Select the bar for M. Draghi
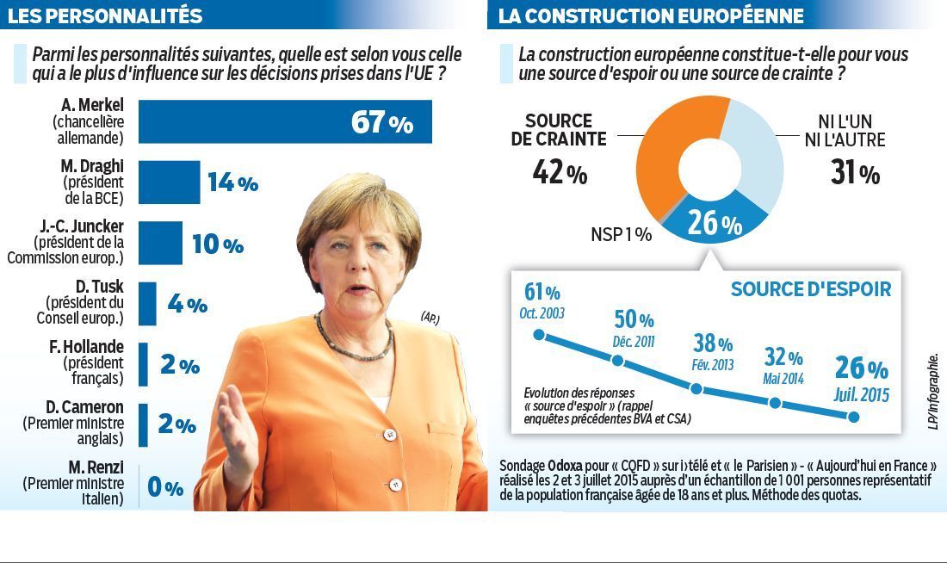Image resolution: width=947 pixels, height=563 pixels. click(x=169, y=182)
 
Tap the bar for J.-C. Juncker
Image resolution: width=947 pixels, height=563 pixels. click(x=160, y=243)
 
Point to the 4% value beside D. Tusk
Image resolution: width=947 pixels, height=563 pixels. click(x=185, y=304)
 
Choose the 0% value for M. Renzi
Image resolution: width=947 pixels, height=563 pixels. click(x=165, y=488)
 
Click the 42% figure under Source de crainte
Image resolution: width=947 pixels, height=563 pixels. click(x=560, y=174)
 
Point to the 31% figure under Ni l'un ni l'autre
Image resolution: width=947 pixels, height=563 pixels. click(x=855, y=174)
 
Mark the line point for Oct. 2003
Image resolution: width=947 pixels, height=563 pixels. click(x=539, y=334)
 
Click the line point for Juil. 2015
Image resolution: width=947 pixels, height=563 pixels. click(x=854, y=417)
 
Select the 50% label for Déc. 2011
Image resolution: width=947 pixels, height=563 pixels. click(x=634, y=320)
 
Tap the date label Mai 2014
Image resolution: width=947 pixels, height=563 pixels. click(x=783, y=378)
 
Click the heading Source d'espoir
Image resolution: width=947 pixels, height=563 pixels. click(x=810, y=289)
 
